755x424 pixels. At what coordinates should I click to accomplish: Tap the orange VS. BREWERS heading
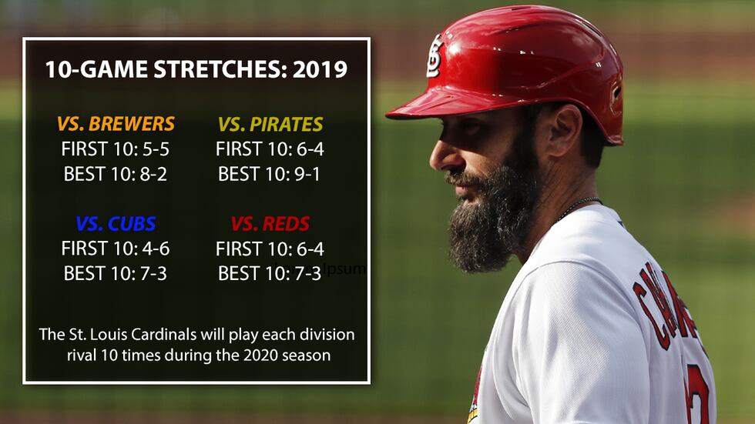(116, 123)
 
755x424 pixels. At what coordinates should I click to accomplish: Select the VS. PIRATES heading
(270, 123)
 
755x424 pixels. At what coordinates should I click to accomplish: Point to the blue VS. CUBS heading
(116, 224)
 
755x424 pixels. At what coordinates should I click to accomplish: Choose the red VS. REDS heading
(270, 224)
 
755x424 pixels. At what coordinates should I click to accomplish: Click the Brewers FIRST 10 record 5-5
(154, 149)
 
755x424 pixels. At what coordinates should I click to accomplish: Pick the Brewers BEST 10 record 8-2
(150, 174)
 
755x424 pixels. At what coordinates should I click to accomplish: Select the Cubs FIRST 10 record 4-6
(154, 249)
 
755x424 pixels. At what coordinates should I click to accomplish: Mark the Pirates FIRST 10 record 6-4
(308, 149)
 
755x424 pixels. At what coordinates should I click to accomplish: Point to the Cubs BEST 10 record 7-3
(150, 273)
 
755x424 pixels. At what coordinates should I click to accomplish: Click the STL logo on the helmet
(435, 56)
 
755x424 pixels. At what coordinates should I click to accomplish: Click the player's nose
(438, 156)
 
